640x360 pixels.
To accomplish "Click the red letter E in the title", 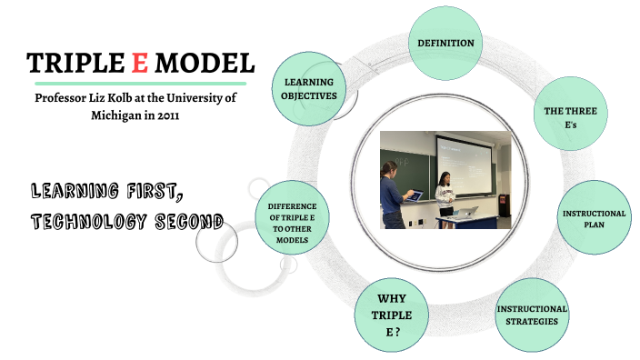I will (141, 63).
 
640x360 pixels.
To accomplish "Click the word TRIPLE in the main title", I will (77, 63).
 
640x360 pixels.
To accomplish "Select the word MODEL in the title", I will (205, 63).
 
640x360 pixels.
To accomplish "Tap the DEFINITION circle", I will (445, 44).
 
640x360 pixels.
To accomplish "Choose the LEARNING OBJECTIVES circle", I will (309, 88).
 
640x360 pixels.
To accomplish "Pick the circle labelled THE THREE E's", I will (568, 117).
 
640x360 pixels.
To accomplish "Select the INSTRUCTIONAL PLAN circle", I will (594, 218).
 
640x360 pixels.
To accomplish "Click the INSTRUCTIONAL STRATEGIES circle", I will (532, 315).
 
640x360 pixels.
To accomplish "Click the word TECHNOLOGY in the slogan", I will (87, 220).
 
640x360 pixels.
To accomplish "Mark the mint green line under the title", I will (135, 84).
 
